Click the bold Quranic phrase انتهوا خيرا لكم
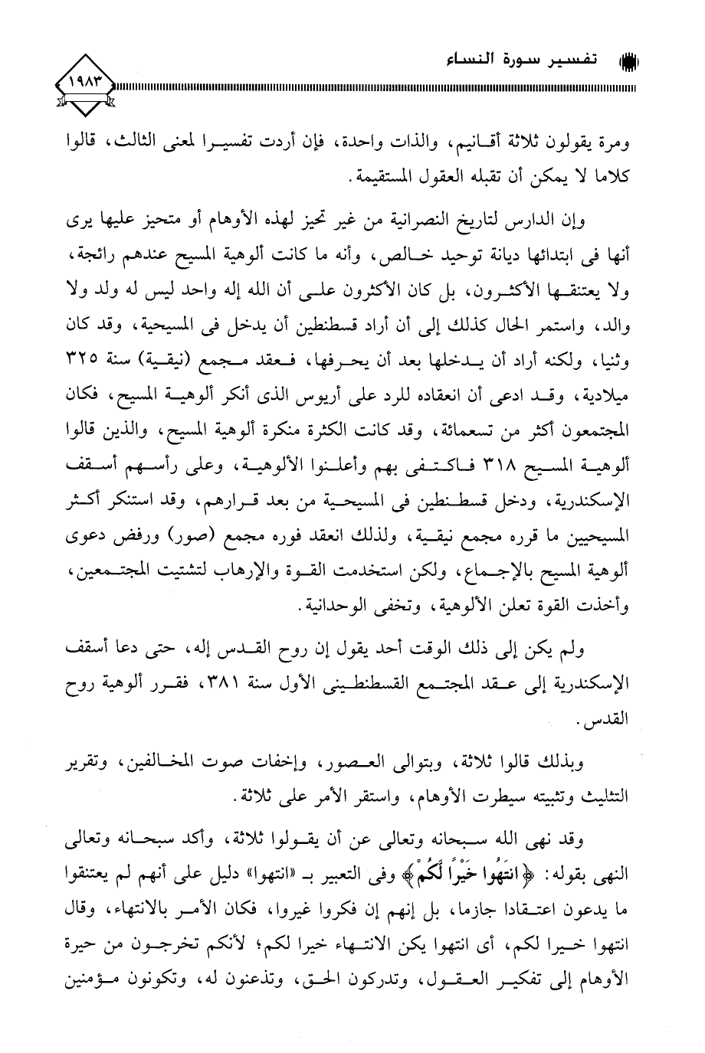tap(505, 862)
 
